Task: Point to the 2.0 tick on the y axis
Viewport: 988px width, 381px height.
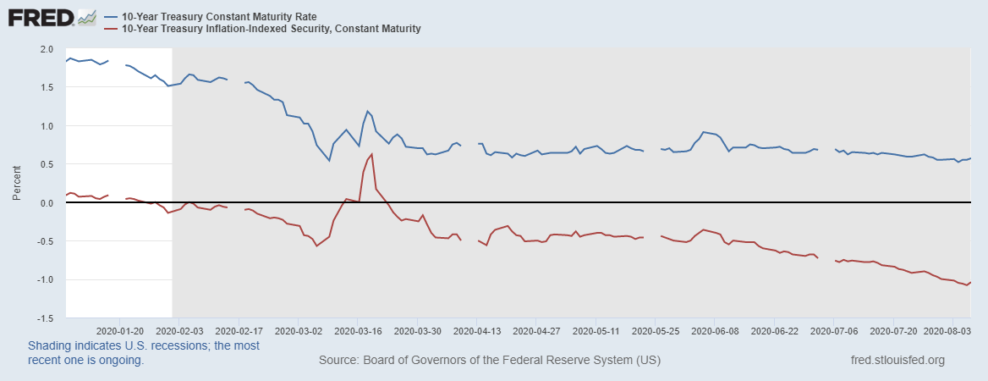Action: (x=47, y=49)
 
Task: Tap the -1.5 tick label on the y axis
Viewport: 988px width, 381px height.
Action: (x=45, y=318)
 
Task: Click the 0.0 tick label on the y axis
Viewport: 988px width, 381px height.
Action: (x=47, y=203)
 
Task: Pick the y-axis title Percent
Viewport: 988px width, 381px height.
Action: (x=16, y=183)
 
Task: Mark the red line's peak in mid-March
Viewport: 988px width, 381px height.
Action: (x=371, y=154)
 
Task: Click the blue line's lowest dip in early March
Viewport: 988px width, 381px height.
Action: (x=329, y=160)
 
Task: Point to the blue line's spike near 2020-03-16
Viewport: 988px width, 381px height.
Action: (x=368, y=111)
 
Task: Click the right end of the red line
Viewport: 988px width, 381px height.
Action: (x=970, y=282)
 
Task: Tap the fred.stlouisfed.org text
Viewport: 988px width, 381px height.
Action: (x=897, y=361)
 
